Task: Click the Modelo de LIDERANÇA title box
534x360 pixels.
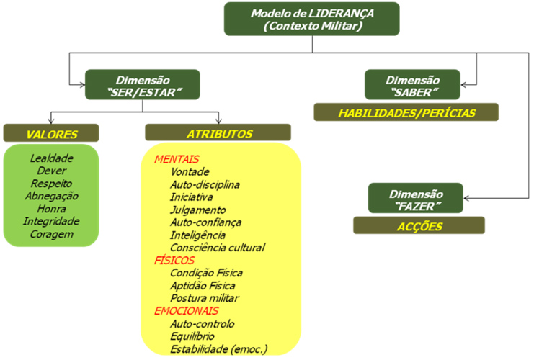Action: point(311,19)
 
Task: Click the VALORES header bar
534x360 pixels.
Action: point(51,132)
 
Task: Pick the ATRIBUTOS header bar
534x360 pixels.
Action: point(218,132)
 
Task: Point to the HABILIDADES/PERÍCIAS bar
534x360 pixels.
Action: point(406,112)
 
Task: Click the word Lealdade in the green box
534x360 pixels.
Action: point(51,158)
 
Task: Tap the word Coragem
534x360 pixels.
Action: point(51,234)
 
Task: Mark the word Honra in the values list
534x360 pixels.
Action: point(51,208)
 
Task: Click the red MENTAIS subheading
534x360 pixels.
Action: point(177,159)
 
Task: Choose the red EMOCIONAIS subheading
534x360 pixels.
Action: point(187,310)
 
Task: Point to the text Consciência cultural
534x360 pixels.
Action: point(218,248)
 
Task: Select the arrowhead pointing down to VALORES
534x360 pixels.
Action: point(51,120)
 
